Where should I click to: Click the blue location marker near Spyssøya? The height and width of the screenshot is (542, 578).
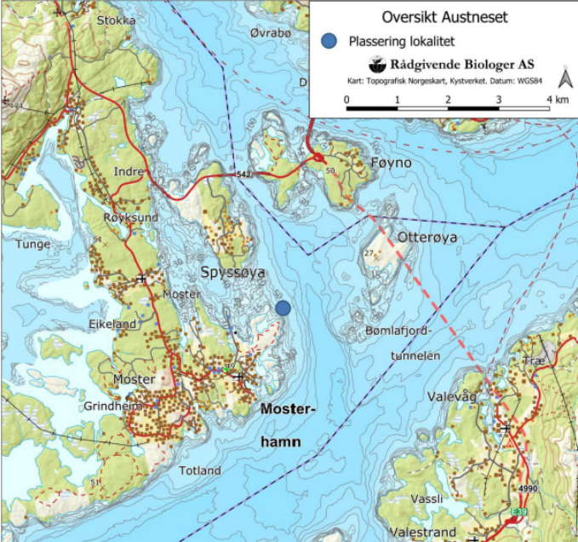click(283, 308)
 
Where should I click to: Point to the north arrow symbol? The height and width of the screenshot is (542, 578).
click(563, 79)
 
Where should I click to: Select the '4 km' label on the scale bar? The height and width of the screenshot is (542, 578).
click(558, 100)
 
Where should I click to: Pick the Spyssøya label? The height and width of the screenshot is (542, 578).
click(233, 272)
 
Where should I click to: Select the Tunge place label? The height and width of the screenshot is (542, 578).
click(33, 244)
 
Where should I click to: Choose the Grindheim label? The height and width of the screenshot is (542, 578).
click(113, 406)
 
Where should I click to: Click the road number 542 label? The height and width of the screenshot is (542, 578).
click(243, 174)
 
